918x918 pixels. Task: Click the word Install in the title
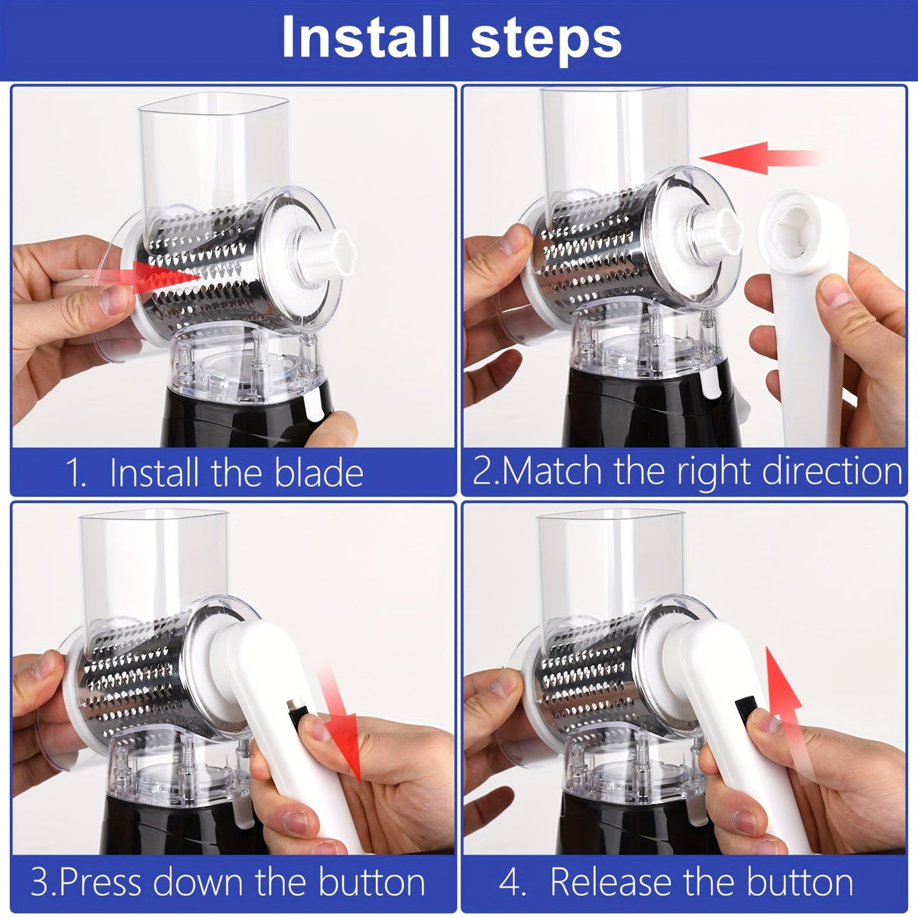click(x=365, y=37)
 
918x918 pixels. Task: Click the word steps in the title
click(x=546, y=42)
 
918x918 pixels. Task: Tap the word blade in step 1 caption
click(x=319, y=473)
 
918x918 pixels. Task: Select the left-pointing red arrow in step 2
click(x=760, y=158)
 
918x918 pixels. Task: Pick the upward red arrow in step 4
click(x=781, y=705)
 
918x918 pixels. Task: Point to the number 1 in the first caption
click(x=76, y=473)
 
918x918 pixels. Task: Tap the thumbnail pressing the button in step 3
click(x=318, y=728)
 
